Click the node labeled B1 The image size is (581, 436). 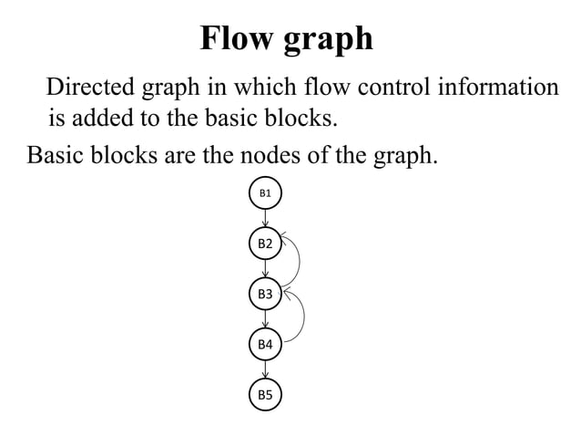265,193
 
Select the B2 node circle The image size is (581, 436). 265,244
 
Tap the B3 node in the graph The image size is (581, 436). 265,294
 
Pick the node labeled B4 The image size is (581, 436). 265,344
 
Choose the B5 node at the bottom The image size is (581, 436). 265,394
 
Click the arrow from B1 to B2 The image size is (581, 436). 265,218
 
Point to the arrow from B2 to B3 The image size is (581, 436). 265,269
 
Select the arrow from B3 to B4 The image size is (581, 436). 265,319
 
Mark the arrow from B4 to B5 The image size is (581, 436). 265,369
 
